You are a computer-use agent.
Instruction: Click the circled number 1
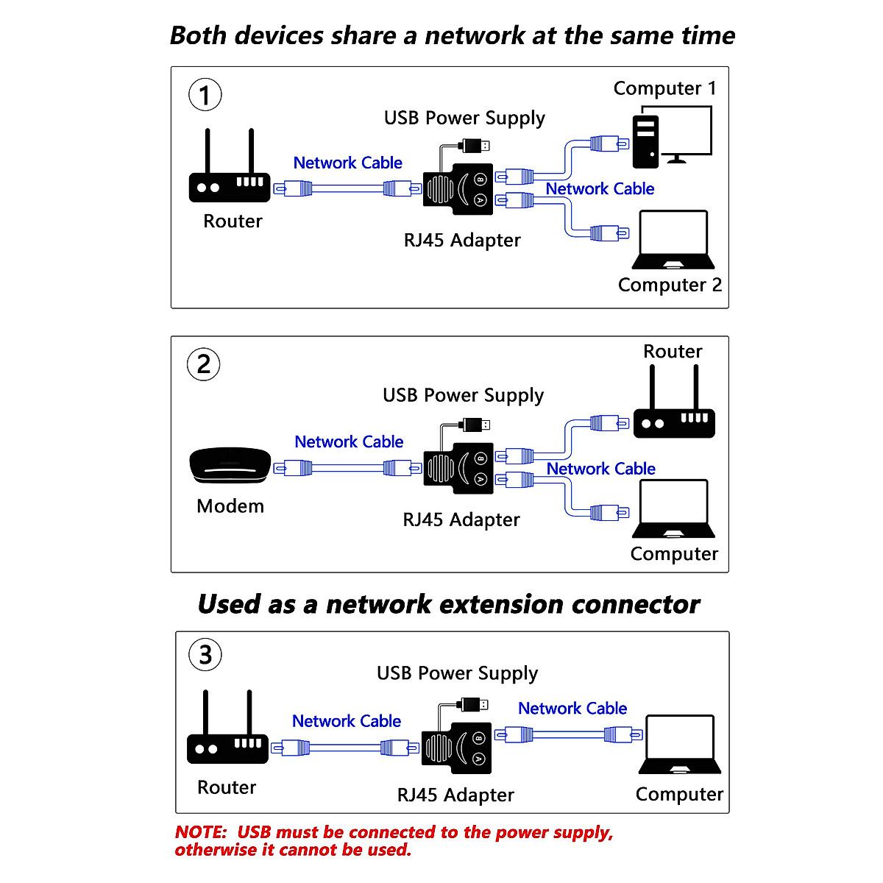205,95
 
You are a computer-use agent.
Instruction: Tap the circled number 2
204,364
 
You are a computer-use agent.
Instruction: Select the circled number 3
205,654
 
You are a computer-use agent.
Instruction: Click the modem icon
230,466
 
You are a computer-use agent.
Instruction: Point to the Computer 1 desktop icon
671,137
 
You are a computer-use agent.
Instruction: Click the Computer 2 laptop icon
673,240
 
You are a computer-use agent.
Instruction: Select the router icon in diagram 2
674,412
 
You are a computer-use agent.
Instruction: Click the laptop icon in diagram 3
679,744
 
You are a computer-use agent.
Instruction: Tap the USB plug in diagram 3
472,705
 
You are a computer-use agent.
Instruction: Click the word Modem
230,506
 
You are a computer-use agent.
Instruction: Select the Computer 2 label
670,285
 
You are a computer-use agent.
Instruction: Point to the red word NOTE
200,832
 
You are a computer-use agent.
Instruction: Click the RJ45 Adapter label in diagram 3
455,795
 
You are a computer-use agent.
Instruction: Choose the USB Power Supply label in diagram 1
464,118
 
